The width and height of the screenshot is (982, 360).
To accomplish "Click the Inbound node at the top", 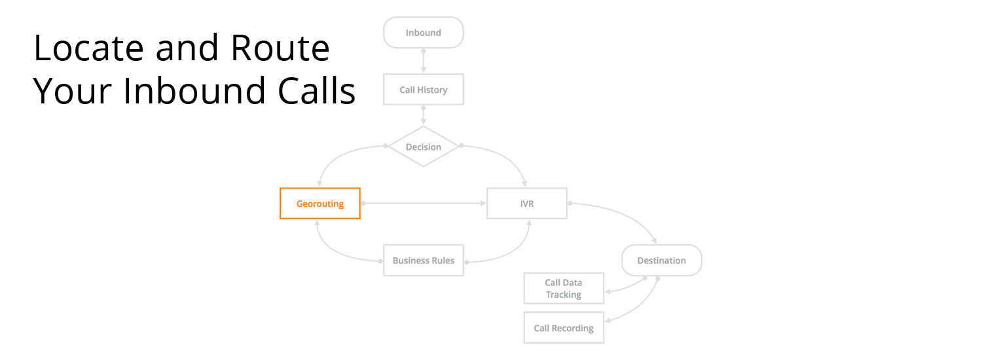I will pos(423,33).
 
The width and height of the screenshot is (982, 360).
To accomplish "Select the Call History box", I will pos(423,90).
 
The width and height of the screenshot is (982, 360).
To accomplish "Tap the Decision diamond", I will pos(423,147).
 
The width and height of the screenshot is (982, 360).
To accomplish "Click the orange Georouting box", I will pos(319,204).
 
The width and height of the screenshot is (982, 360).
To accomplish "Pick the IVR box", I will pos(526,204).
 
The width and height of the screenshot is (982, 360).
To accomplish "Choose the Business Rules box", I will pos(423,261).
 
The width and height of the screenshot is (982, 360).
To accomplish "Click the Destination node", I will pos(661,261).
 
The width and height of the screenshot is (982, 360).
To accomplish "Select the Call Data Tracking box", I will pos(563,289).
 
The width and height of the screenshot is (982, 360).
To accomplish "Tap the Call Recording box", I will pos(563,328).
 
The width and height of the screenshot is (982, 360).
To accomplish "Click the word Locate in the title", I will pos(88,48).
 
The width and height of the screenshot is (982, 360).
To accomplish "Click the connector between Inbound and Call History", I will pos(424,61).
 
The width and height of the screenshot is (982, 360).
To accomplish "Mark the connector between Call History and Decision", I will pos(424,115).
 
